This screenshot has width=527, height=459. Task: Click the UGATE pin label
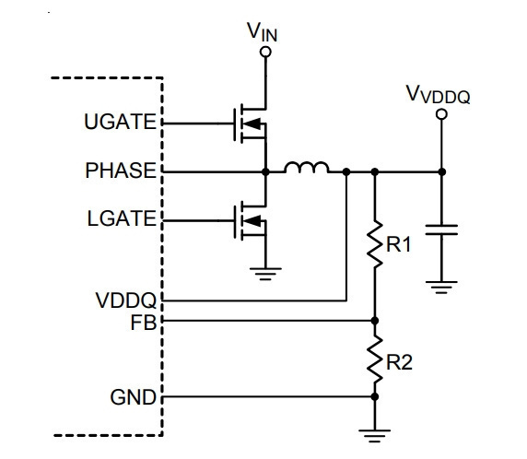click(120, 122)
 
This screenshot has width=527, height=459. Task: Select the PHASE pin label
click(121, 171)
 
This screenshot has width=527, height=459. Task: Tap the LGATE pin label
click(122, 218)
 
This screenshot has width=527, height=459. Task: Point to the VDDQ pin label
click(126, 300)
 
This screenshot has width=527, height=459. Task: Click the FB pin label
click(144, 323)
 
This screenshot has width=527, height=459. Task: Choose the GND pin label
click(134, 397)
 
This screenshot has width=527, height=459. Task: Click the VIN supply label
click(263, 32)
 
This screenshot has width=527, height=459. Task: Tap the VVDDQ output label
click(438, 94)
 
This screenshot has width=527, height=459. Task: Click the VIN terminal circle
click(265, 53)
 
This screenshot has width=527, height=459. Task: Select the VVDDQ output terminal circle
click(441, 114)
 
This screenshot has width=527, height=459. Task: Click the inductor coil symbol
click(307, 168)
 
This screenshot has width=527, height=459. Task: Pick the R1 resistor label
click(399, 244)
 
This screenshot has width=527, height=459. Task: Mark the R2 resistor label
click(399, 362)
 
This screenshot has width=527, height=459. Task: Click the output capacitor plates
click(441, 230)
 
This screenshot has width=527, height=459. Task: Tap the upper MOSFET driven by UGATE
click(250, 124)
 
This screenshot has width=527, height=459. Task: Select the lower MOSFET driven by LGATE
click(250, 221)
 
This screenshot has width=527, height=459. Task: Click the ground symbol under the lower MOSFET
click(265, 274)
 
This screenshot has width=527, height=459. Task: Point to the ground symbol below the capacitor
click(441, 288)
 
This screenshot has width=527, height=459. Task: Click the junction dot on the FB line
click(375, 321)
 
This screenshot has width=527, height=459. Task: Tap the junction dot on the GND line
click(375, 397)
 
